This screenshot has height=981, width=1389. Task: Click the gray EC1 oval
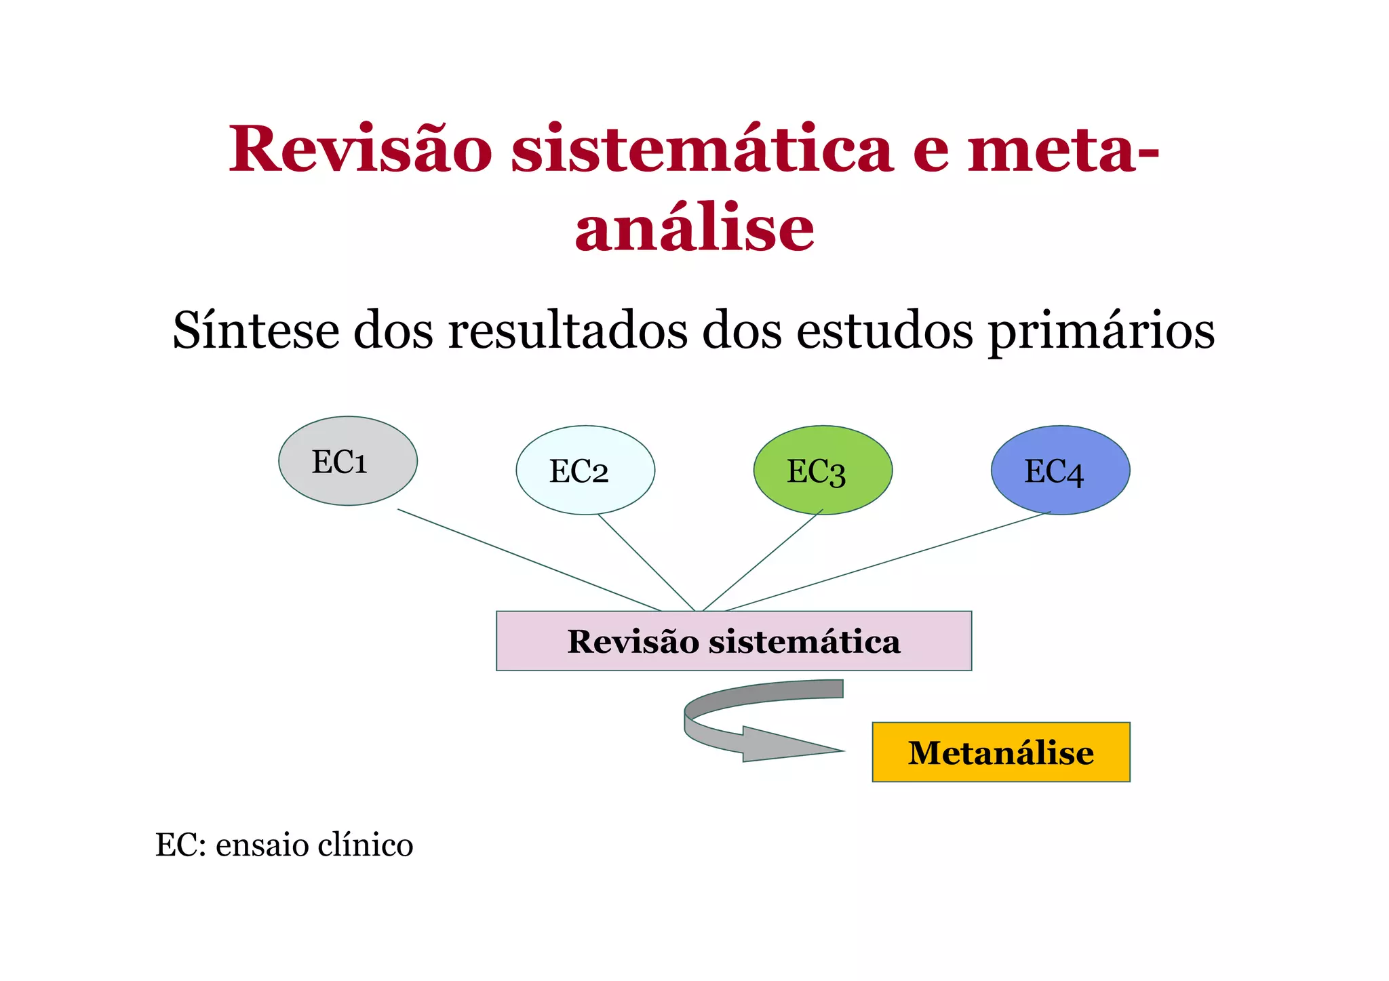(x=347, y=461)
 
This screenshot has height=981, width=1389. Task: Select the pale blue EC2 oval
(x=585, y=471)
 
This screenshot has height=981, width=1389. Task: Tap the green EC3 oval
(x=823, y=471)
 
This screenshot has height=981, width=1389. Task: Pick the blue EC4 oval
(x=1060, y=471)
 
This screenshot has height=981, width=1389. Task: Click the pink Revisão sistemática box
(x=734, y=641)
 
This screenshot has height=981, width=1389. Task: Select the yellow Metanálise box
(x=1000, y=753)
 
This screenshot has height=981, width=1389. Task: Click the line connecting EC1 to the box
(x=529, y=560)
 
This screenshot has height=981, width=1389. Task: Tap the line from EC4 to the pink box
(x=888, y=561)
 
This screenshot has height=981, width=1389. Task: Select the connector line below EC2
(x=646, y=562)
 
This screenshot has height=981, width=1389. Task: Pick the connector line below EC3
(x=763, y=560)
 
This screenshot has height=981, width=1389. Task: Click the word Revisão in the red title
(x=360, y=150)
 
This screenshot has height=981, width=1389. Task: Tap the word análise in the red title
(x=694, y=228)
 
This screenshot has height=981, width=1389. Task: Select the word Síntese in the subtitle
(x=256, y=331)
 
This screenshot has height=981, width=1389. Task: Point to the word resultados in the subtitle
(x=567, y=331)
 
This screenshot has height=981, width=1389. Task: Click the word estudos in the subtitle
(x=884, y=331)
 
